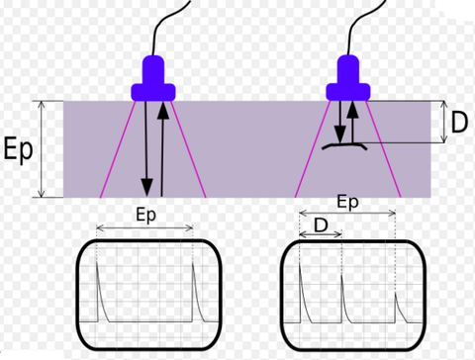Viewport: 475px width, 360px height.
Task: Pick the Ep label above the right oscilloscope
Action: tap(347, 203)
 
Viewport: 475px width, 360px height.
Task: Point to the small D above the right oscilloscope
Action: tap(319, 225)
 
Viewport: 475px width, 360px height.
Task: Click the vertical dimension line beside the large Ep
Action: tap(42, 148)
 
